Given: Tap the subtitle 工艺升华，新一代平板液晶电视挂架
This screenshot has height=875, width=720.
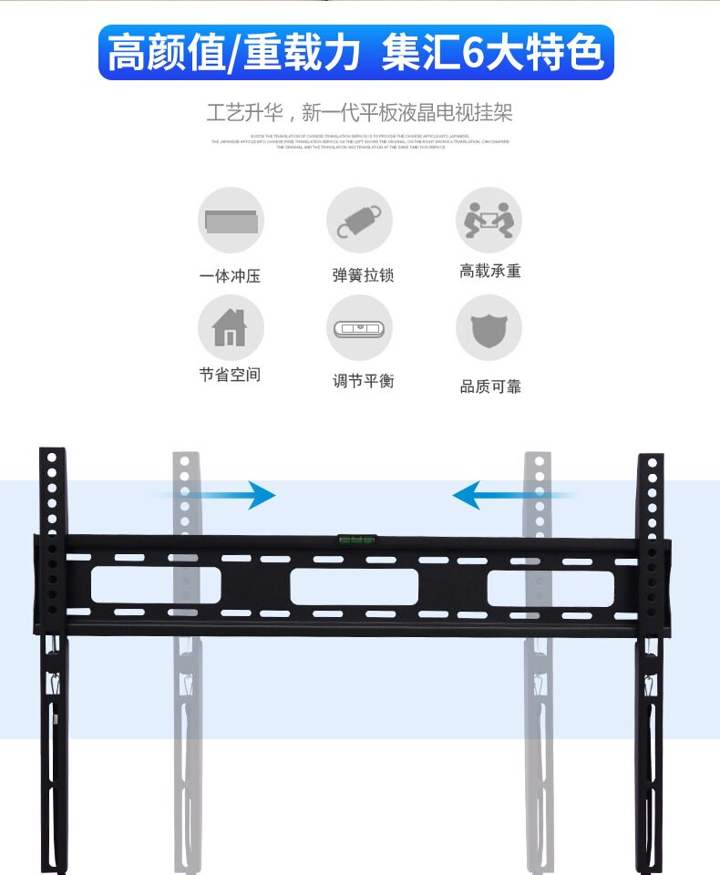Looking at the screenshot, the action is click(x=359, y=113).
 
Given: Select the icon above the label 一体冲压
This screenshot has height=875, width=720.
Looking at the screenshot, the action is click(x=231, y=221).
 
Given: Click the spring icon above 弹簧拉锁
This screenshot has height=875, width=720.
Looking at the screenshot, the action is click(x=359, y=221).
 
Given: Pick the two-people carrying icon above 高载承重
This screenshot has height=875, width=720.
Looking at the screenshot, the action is click(x=489, y=221).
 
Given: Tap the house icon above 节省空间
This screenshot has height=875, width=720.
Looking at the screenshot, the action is click(x=231, y=327).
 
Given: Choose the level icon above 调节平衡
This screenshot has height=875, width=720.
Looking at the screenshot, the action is click(x=359, y=327).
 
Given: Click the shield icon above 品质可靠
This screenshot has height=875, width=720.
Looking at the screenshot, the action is click(x=489, y=327).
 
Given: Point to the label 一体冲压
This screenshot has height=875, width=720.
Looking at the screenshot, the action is click(x=231, y=275).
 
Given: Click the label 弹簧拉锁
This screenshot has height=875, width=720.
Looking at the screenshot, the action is click(x=363, y=275).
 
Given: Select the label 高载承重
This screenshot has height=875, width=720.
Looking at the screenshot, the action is click(x=490, y=272).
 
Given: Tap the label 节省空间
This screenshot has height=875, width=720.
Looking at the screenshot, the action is click(x=231, y=375).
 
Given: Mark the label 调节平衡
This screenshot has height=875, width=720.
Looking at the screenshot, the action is click(x=363, y=381).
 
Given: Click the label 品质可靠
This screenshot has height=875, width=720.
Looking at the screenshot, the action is click(x=490, y=386).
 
